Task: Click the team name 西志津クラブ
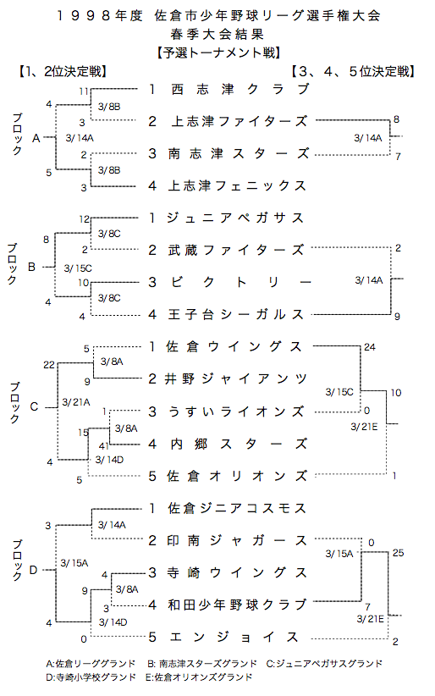[240, 89]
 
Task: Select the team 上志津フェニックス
[237, 185]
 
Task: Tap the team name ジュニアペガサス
[235, 218]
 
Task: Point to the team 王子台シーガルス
[236, 314]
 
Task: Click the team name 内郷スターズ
[239, 444]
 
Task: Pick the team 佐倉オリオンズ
[237, 476]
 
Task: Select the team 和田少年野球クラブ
[237, 605]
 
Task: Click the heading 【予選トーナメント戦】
[219, 52]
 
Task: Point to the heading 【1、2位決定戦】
[62, 71]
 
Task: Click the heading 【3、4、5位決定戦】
[353, 71]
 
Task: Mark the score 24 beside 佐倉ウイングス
[369, 347]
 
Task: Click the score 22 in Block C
[49, 365]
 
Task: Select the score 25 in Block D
[398, 553]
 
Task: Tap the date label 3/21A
[76, 402]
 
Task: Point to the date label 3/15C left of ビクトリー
[78, 268]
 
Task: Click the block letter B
[31, 267]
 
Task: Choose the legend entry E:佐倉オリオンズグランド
[198, 677]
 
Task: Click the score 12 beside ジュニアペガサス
[85, 218]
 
